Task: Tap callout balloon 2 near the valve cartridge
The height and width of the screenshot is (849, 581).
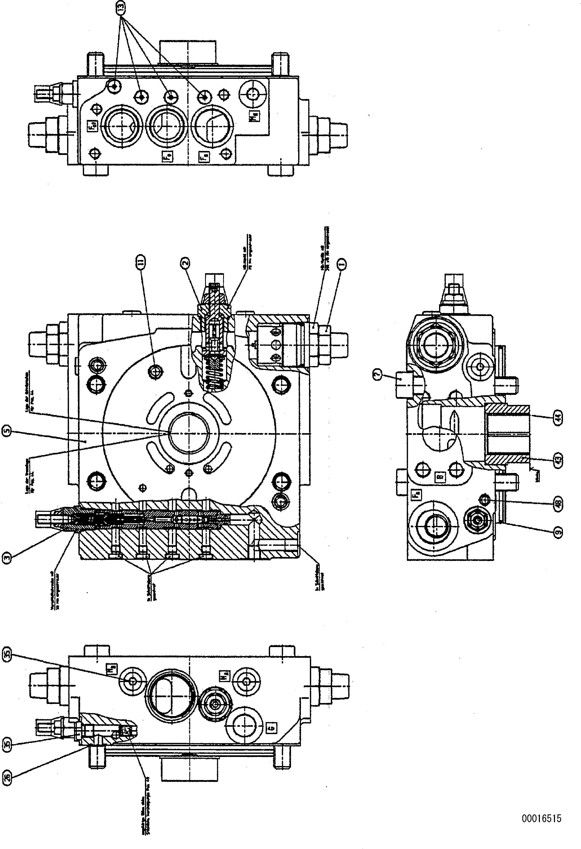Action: [185, 263]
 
